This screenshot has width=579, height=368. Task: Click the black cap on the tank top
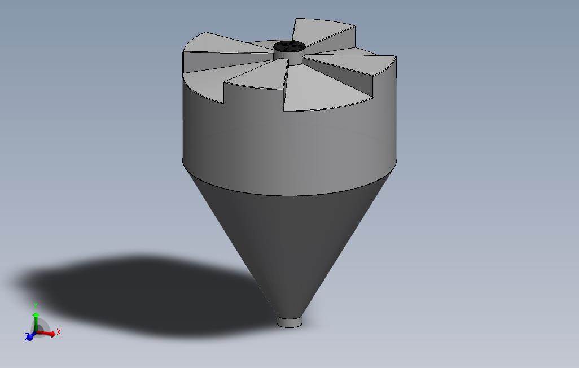(289, 46)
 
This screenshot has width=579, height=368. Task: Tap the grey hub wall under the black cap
(288, 58)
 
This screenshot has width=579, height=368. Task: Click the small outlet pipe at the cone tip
(289, 322)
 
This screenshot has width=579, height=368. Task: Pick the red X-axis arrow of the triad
(45, 333)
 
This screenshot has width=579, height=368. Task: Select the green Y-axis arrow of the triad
(36, 322)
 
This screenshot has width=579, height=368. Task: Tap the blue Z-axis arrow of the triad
(30, 336)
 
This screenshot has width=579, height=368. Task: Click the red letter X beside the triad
(58, 332)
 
